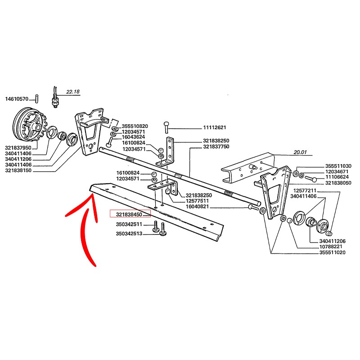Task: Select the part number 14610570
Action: coord(17,99)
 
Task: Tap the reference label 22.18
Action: coord(73,91)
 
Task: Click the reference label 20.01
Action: coord(300,152)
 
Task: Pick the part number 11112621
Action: coord(198,127)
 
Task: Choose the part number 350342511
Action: coord(129,224)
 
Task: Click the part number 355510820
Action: coord(135,126)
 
